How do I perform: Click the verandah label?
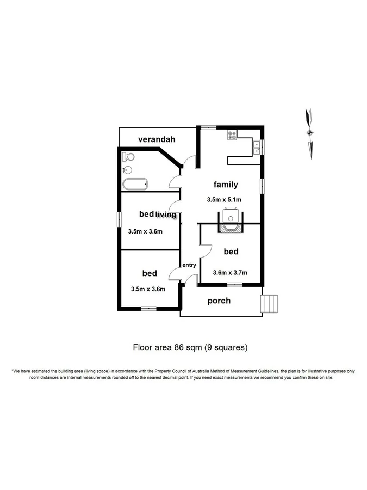point(157,139)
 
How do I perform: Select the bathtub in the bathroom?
point(135,185)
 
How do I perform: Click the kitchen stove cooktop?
point(233,134)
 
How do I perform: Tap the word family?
point(225,185)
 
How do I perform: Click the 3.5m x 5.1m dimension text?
point(224,200)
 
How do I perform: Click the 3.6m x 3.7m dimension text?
point(230,273)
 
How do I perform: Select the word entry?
point(189,265)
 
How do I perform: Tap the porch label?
point(219,301)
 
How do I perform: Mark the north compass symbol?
point(309,132)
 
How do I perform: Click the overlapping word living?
point(166,215)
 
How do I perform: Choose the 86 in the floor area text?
point(176,346)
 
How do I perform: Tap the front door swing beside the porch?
point(190,280)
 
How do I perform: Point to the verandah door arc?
point(188,162)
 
